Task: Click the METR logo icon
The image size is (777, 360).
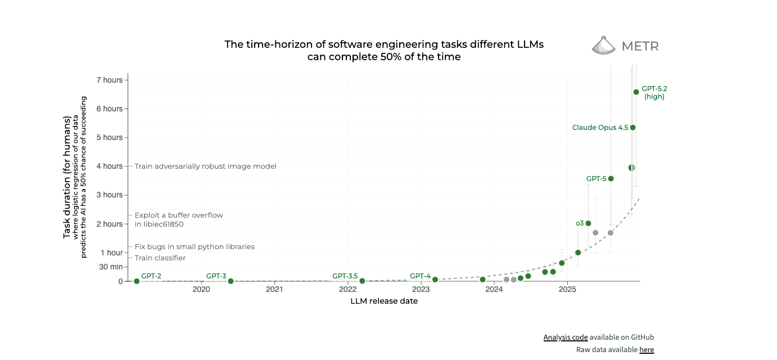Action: click(x=604, y=46)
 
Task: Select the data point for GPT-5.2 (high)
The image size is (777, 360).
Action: click(x=636, y=92)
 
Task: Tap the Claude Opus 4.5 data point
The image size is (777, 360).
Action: click(x=633, y=127)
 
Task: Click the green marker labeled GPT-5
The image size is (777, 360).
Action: click(x=611, y=178)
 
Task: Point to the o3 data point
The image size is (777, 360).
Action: click(x=588, y=223)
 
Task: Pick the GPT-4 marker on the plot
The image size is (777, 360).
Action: click(x=435, y=280)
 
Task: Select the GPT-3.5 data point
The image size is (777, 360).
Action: click(x=362, y=281)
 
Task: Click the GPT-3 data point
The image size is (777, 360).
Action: click(x=231, y=281)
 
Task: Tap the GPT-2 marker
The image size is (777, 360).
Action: click(x=137, y=281)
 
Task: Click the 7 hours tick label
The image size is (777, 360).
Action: click(x=109, y=80)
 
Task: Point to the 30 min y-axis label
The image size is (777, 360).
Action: click(x=111, y=267)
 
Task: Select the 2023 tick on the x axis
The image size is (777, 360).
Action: click(x=421, y=290)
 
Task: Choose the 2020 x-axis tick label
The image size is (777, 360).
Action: click(x=201, y=290)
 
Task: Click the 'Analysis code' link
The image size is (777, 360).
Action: click(x=565, y=337)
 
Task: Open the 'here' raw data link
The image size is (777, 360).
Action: click(x=647, y=350)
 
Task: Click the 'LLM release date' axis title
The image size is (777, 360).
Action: click(x=384, y=301)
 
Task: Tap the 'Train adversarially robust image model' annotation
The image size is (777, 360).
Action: click(x=205, y=166)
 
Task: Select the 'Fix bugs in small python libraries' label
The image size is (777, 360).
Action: click(x=195, y=246)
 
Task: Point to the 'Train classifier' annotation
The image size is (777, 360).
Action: click(x=160, y=258)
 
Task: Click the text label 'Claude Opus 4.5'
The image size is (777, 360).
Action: click(x=600, y=128)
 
